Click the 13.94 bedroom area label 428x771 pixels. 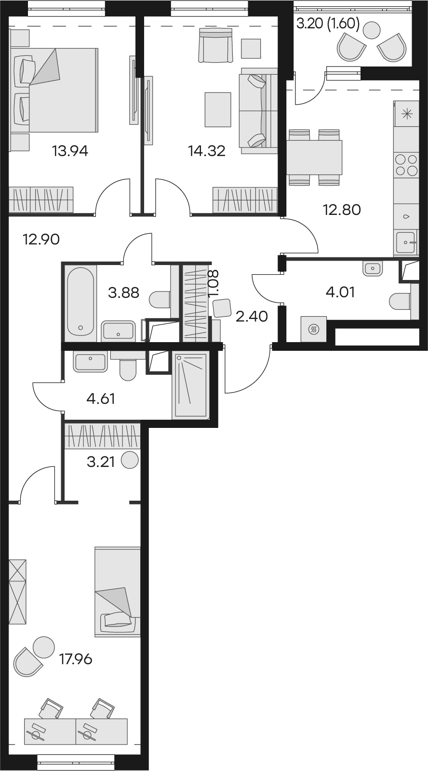click(70, 151)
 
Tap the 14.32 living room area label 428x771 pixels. click(207, 151)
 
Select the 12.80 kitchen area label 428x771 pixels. click(342, 210)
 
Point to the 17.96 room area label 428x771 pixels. click(76, 660)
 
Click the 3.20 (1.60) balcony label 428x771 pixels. click(328, 25)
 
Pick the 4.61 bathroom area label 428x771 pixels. click(101, 399)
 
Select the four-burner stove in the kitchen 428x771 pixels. click(406, 165)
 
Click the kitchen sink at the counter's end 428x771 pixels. click(407, 243)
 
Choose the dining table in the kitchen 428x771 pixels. click(314, 157)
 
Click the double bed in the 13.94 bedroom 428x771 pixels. click(54, 90)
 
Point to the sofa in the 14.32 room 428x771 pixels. click(258, 111)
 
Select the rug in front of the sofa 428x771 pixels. click(218, 109)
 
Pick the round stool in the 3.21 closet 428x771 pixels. click(130, 460)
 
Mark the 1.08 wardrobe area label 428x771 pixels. click(214, 283)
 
